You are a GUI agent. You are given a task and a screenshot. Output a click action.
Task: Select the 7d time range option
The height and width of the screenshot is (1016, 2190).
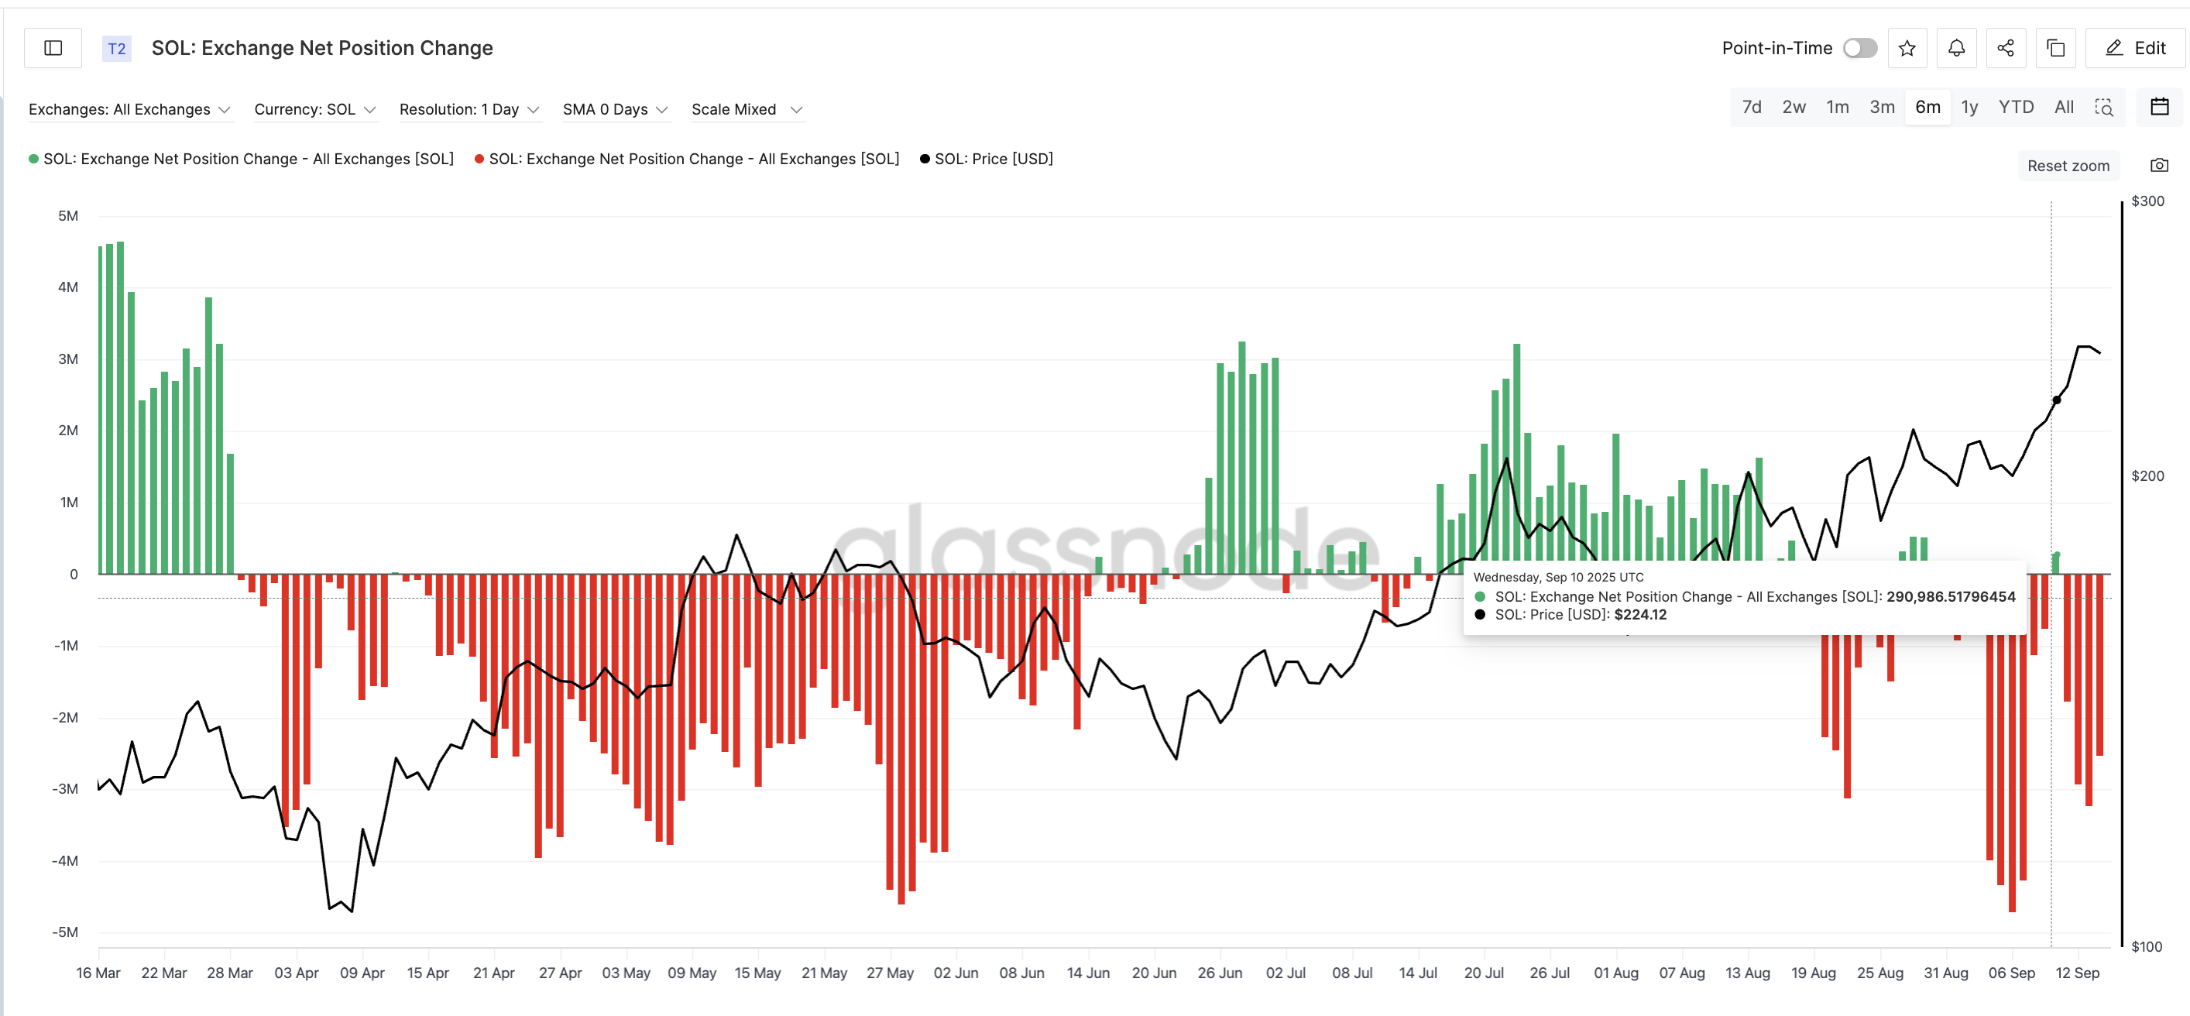pos(1752,107)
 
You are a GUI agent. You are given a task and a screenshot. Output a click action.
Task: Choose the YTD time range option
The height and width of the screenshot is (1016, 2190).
pos(2015,107)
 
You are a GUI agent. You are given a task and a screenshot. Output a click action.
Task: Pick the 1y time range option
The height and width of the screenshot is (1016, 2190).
pos(1969,107)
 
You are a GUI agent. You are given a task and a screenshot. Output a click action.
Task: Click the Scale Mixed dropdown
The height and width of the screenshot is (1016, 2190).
pos(747,110)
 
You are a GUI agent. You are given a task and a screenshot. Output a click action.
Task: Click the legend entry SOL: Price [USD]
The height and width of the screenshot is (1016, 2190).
pos(993,159)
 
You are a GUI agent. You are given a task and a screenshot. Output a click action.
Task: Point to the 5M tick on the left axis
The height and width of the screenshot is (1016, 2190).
pos(68,216)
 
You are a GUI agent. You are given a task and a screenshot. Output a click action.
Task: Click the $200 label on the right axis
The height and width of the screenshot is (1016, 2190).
pos(2147,476)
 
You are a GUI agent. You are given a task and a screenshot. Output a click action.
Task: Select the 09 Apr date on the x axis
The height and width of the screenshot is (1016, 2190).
pos(362,973)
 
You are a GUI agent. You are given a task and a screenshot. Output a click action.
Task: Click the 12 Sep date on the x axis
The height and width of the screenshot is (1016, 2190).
pos(2077,973)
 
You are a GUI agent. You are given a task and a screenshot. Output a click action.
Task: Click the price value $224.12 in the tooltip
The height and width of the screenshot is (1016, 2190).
pos(1640,615)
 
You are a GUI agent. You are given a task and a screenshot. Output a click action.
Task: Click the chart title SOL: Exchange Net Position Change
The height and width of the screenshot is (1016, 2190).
pos(322,49)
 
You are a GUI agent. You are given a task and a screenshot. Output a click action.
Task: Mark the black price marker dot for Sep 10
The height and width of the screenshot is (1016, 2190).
pos(2057,400)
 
